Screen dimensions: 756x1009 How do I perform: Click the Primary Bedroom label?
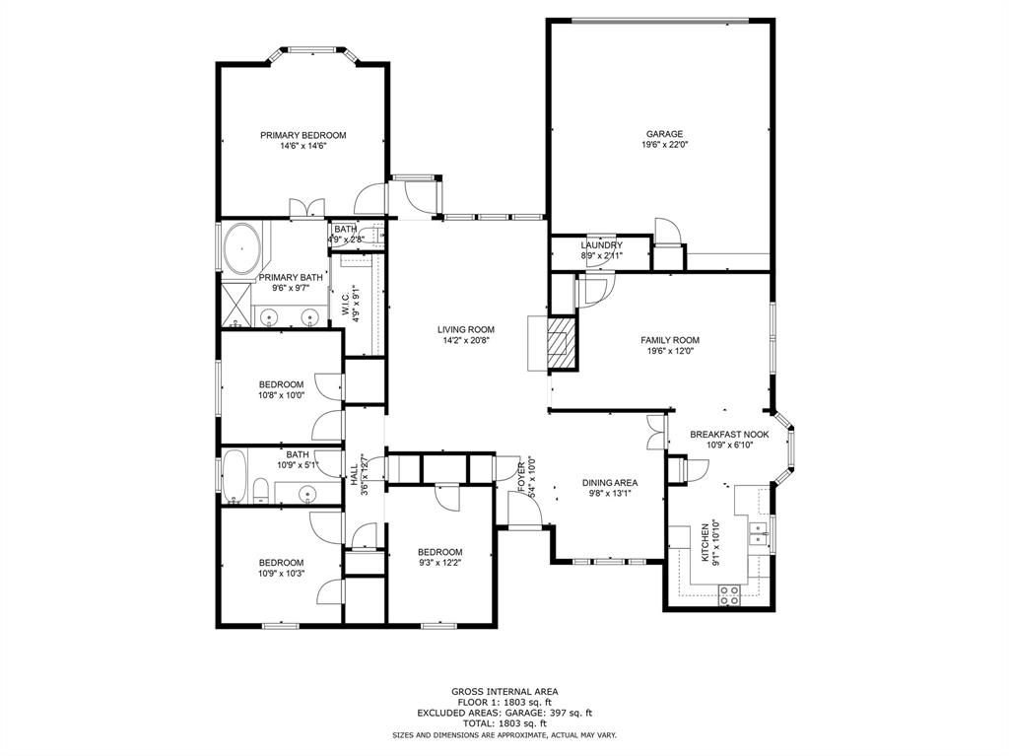tap(303, 135)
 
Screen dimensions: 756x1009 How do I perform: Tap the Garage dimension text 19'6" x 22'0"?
tap(664, 145)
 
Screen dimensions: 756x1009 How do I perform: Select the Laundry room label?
tap(600, 245)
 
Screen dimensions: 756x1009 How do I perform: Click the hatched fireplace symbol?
tap(561, 342)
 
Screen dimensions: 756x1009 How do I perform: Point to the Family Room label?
tap(669, 340)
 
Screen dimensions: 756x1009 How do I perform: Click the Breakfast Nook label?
tap(728, 434)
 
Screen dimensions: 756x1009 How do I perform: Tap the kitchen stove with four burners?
tap(729, 593)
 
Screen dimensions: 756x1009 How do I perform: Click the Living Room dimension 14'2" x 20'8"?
tap(466, 341)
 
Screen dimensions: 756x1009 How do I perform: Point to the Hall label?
tap(353, 474)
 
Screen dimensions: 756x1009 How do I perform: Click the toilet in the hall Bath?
tap(261, 490)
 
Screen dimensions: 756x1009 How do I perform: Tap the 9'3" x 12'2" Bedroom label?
tap(439, 552)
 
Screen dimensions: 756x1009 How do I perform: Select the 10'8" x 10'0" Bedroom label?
tap(281, 384)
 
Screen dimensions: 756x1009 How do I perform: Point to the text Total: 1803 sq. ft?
tap(504, 723)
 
